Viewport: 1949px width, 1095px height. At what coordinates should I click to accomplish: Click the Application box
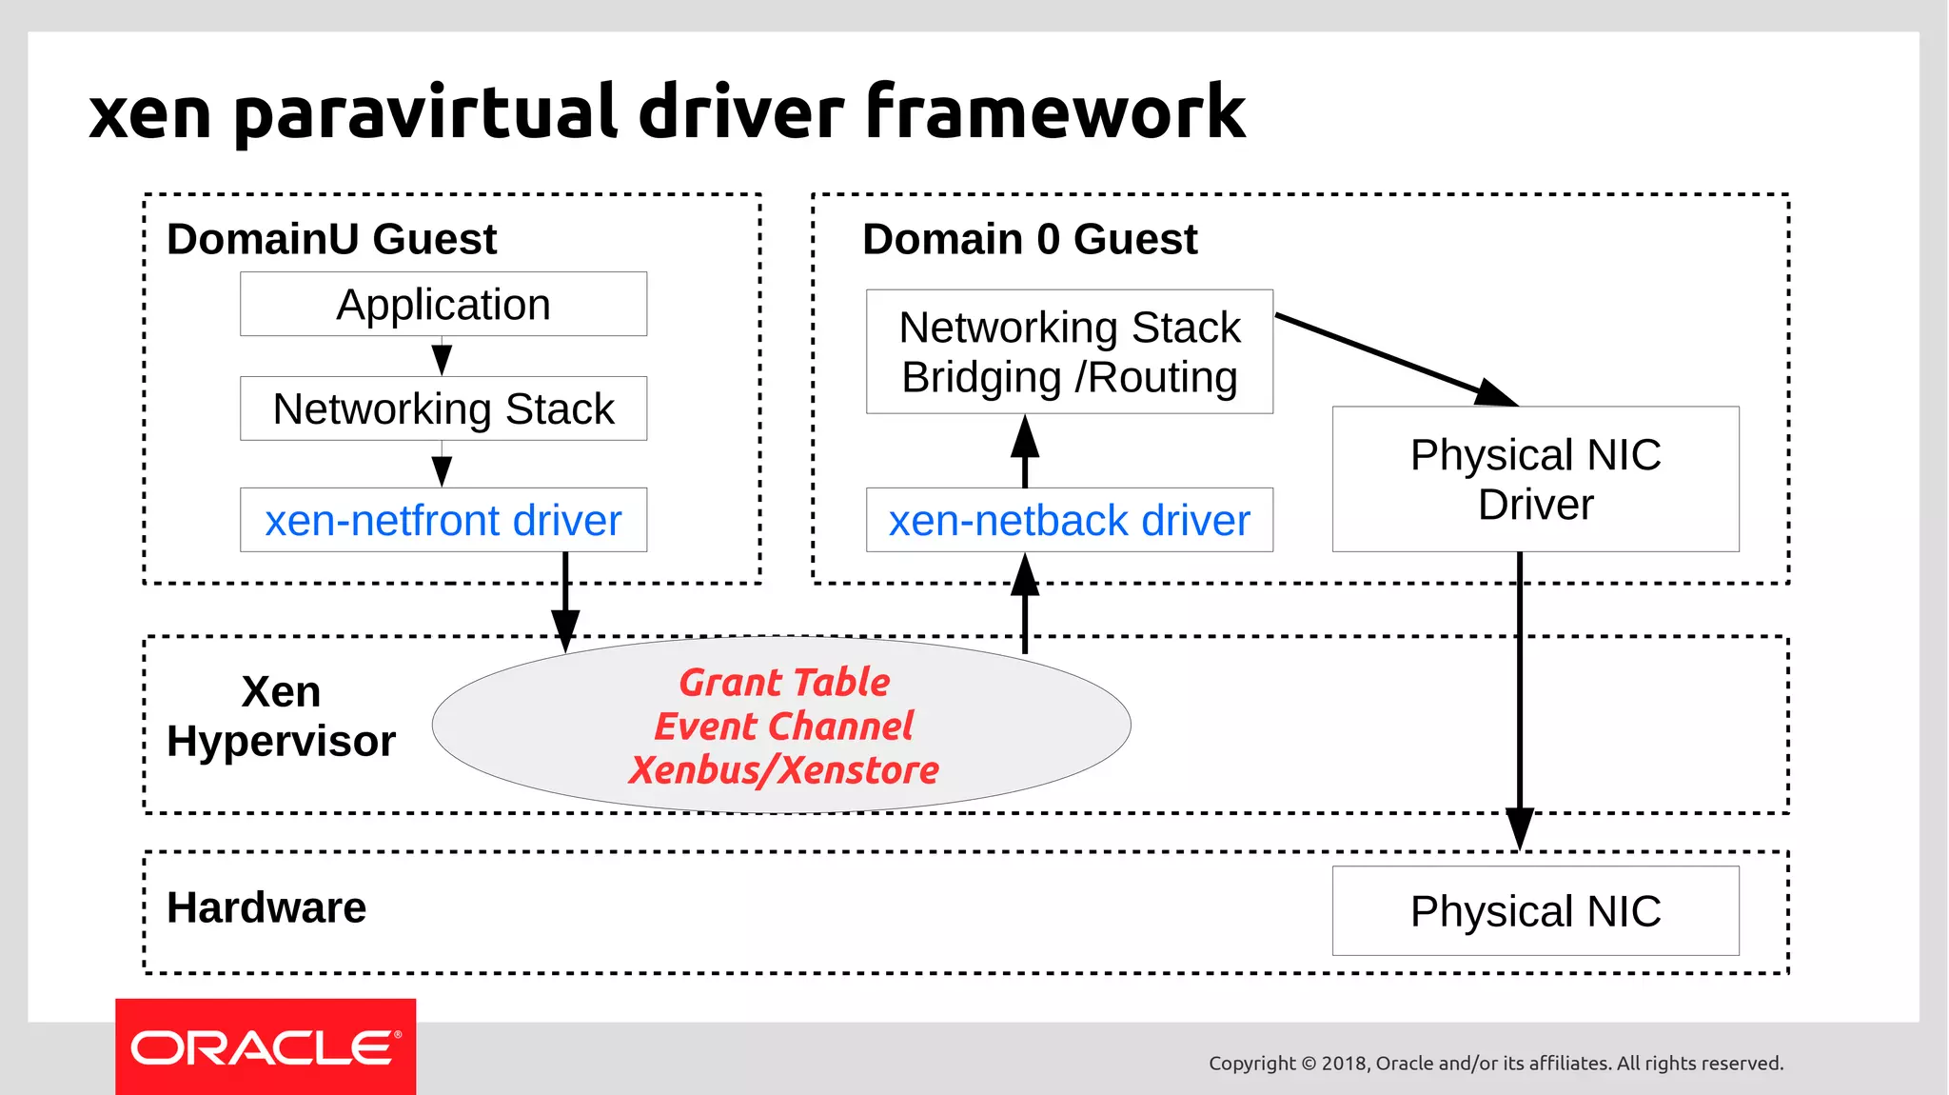click(x=443, y=305)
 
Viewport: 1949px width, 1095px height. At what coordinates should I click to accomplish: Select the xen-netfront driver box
click(x=443, y=521)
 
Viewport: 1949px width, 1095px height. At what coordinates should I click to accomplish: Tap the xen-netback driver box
click(x=1069, y=521)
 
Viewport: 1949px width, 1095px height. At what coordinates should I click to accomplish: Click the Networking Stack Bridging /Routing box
click(x=1069, y=352)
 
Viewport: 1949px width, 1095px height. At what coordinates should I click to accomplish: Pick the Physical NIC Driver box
click(x=1535, y=479)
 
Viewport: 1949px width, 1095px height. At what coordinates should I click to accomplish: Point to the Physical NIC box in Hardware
click(x=1535, y=911)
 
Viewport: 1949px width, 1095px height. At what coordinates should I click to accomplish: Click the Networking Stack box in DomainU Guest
click(x=443, y=409)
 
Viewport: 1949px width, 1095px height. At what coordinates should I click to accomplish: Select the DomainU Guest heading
click(x=331, y=239)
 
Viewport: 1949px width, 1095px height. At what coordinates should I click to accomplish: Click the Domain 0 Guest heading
click(x=1030, y=239)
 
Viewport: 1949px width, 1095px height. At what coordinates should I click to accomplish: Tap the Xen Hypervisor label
click(x=281, y=717)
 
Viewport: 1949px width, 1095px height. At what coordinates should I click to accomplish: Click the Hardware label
click(x=266, y=907)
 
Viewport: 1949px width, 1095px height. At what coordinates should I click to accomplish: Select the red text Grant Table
click(x=784, y=683)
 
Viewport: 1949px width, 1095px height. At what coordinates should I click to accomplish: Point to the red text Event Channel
click(x=784, y=727)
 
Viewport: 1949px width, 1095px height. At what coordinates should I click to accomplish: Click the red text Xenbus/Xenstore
click(x=784, y=770)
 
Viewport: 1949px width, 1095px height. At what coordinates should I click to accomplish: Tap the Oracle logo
click(x=266, y=1047)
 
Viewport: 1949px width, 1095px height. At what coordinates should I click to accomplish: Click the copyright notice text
click(x=1495, y=1064)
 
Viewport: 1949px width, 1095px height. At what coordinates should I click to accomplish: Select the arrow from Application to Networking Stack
click(x=442, y=356)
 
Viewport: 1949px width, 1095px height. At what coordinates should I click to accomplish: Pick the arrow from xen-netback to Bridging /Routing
click(x=1024, y=451)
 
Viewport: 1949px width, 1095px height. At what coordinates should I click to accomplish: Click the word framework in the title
click(x=1054, y=112)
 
